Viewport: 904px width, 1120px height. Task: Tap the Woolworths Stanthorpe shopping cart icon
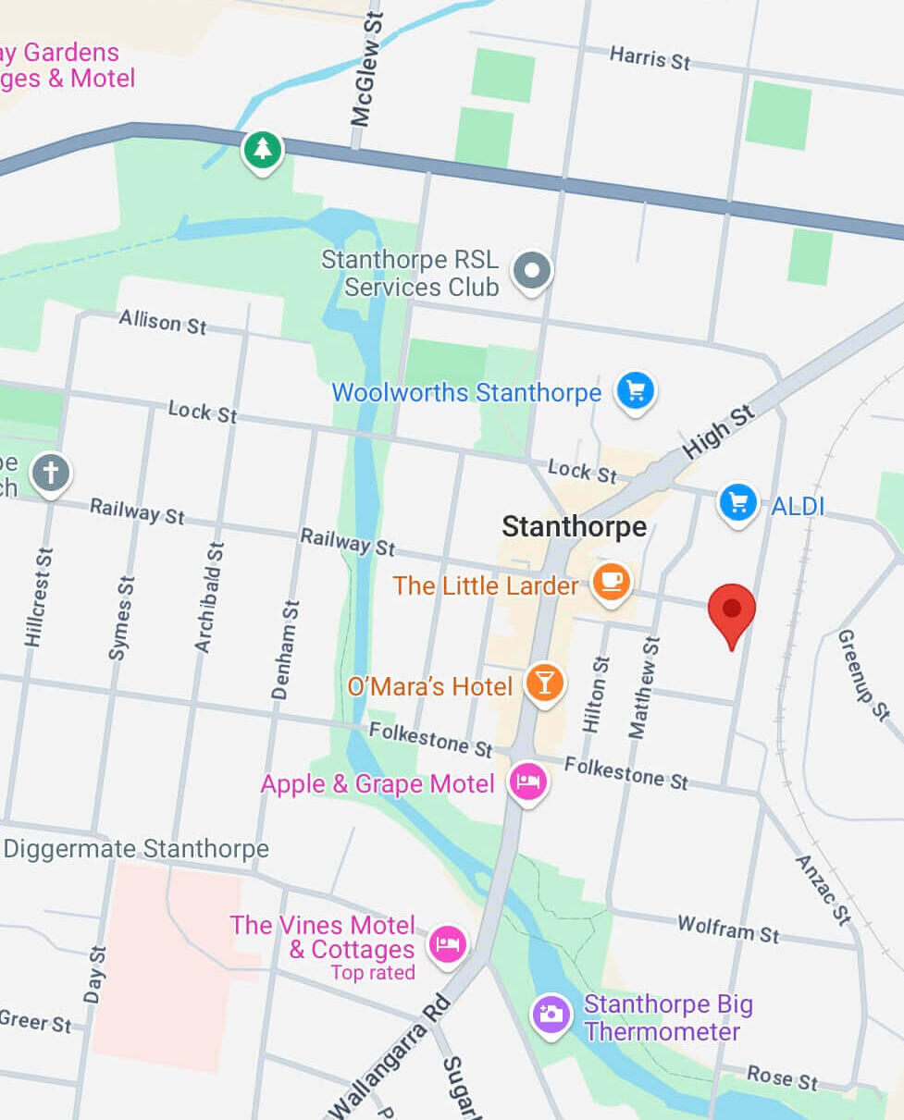tap(636, 390)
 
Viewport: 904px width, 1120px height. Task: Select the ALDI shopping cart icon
tap(738, 503)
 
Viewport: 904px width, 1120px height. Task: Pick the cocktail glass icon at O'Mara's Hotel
tap(545, 683)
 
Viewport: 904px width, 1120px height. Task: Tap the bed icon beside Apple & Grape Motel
tap(528, 782)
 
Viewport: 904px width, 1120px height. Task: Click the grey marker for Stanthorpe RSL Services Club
tap(533, 271)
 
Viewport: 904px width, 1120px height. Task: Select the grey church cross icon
tap(51, 474)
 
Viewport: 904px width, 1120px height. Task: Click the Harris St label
tap(650, 58)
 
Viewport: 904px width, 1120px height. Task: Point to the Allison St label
tap(163, 322)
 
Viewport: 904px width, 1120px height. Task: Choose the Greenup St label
tap(864, 674)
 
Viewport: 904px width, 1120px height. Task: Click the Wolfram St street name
tap(728, 928)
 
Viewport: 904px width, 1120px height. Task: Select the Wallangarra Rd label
tap(390, 1056)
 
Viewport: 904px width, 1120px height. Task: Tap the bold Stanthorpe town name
tap(574, 527)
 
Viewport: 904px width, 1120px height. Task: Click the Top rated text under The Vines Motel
tap(373, 972)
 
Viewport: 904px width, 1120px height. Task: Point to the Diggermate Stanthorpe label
tap(136, 848)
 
